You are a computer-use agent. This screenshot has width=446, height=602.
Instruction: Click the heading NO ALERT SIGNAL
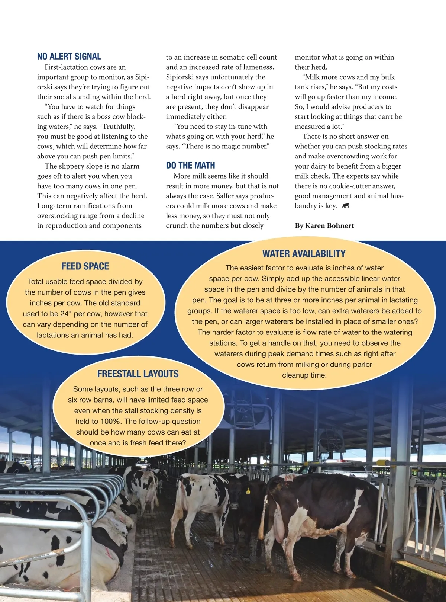(x=69, y=57)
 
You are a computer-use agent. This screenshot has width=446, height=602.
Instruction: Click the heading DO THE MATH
(x=190, y=166)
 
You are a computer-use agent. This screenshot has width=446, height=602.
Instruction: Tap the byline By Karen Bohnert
(x=324, y=225)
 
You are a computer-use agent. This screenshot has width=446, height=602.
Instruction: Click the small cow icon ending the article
(x=346, y=206)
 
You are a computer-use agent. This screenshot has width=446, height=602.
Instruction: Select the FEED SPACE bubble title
(x=85, y=266)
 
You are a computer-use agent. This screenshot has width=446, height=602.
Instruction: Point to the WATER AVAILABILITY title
(x=304, y=254)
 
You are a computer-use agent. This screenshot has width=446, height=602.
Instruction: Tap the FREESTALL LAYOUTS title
(x=138, y=374)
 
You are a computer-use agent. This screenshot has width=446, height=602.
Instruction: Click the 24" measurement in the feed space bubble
(x=65, y=314)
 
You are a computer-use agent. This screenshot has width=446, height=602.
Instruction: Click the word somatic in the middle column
(x=232, y=57)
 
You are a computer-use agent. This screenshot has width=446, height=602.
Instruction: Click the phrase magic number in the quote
(x=243, y=146)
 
